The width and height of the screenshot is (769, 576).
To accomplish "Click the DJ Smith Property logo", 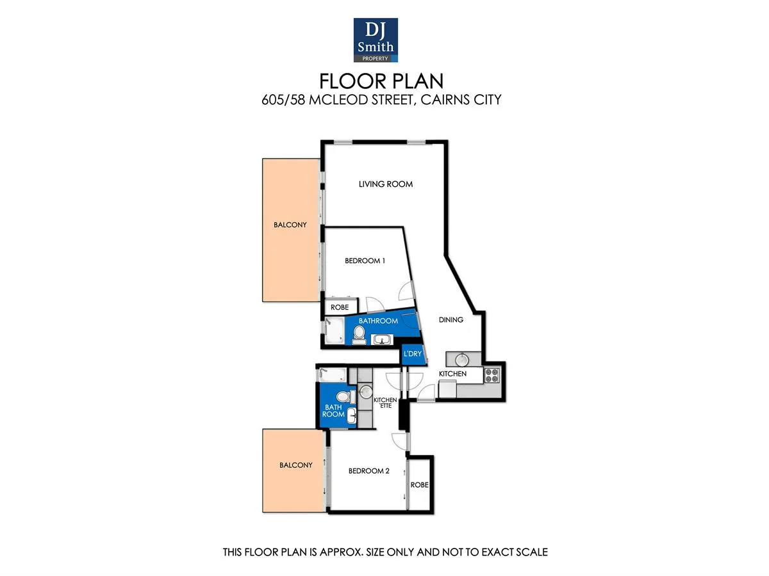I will click(x=376, y=40).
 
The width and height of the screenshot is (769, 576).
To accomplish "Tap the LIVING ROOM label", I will click(x=385, y=184).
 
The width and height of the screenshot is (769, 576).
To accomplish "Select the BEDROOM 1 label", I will click(x=365, y=260).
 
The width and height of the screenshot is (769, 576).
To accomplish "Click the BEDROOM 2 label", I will click(x=368, y=471).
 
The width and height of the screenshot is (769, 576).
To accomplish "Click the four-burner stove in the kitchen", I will click(x=492, y=375).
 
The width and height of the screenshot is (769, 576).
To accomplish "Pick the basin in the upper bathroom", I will click(x=383, y=339).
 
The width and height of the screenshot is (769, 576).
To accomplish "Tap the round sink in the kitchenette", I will click(x=366, y=392).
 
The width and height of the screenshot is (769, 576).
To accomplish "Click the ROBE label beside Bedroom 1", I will click(x=340, y=308).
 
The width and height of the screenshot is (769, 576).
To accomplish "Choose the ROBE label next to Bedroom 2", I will click(x=420, y=485).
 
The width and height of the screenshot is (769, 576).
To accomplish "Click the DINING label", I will click(x=451, y=319).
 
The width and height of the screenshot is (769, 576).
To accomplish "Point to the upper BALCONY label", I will click(x=290, y=225).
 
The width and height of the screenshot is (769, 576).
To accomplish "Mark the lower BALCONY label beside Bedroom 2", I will click(x=295, y=465).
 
